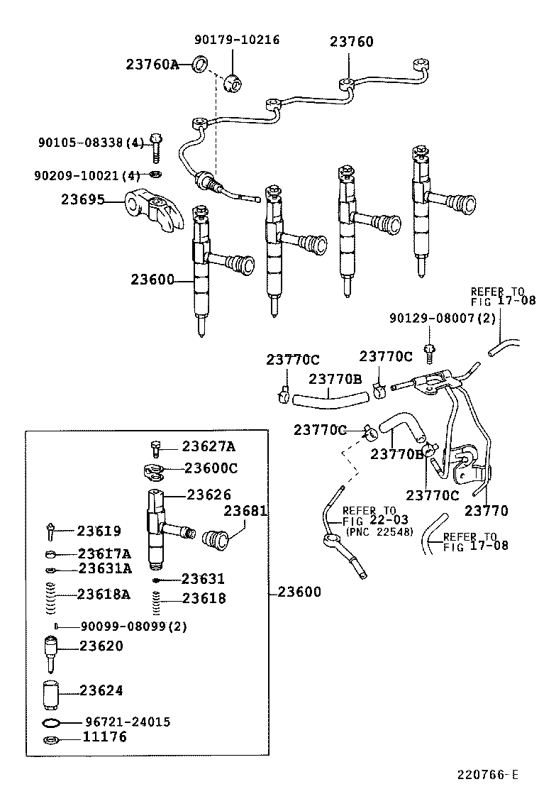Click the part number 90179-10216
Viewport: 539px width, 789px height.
pyautogui.click(x=237, y=40)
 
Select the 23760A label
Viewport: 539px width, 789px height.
pyautogui.click(x=152, y=65)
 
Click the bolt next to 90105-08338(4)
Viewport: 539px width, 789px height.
pyautogui.click(x=157, y=147)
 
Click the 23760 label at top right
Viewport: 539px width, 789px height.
pyautogui.click(x=351, y=42)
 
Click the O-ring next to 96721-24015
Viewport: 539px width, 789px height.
pyautogui.click(x=51, y=723)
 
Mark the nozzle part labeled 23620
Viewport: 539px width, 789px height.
pyautogui.click(x=50, y=651)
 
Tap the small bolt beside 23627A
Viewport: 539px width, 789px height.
pyautogui.click(x=157, y=448)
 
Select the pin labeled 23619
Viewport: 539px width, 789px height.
pyautogui.click(x=51, y=531)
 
